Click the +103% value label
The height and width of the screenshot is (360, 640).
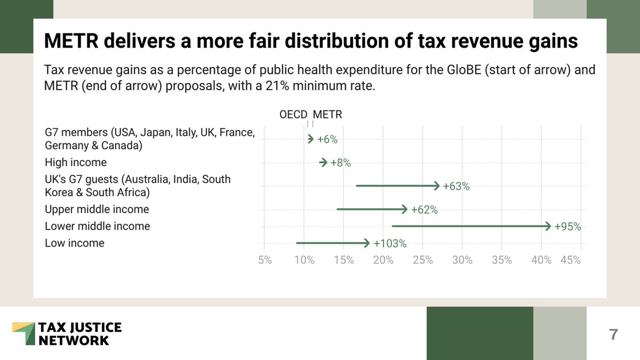(390, 244)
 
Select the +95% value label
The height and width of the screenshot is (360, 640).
(567, 227)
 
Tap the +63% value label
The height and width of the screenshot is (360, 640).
(456, 186)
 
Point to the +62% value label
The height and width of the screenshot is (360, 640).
(424, 210)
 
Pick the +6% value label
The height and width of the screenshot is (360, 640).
(327, 140)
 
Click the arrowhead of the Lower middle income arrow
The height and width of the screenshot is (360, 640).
(548, 227)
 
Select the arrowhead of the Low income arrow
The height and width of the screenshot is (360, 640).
(366, 243)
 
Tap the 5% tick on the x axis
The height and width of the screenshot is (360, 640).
(265, 260)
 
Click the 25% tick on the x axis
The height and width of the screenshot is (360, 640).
(423, 260)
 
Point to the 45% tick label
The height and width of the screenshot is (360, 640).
(570, 260)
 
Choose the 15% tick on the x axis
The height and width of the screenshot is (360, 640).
(344, 260)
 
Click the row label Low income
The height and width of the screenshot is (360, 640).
(75, 243)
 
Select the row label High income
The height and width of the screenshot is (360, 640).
(76, 163)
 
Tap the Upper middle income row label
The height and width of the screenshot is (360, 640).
(97, 209)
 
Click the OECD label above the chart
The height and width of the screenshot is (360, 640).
(293, 115)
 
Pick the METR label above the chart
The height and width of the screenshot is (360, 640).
(327, 115)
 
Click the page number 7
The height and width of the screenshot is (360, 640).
(613, 334)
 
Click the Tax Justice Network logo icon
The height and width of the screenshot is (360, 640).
(23, 333)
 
